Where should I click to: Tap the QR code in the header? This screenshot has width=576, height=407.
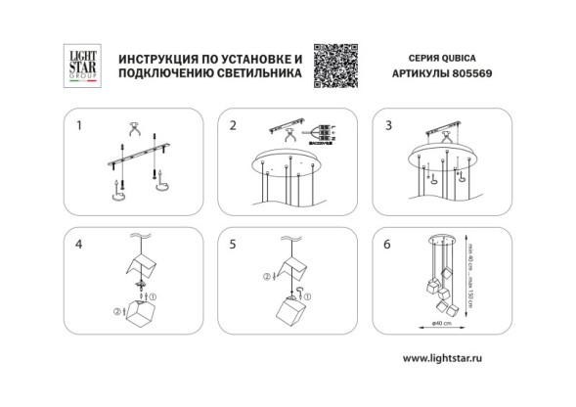click(x=334, y=66)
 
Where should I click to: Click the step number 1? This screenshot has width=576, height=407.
click(x=80, y=125)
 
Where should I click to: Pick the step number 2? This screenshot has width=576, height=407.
click(x=233, y=125)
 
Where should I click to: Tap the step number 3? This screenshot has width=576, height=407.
click(x=388, y=125)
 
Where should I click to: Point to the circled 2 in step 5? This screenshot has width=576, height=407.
click(x=267, y=276)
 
